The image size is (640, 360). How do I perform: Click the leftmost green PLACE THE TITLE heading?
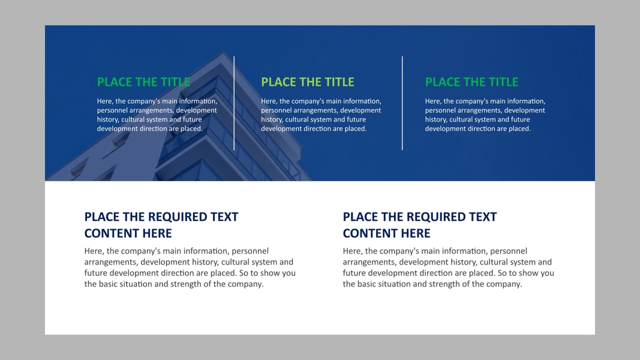[144, 82]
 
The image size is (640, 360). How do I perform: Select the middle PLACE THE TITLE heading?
[308, 82]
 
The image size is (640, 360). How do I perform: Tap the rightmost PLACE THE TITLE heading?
[472, 82]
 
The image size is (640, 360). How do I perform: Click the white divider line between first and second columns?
[234, 103]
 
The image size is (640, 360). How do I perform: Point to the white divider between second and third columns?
[402, 103]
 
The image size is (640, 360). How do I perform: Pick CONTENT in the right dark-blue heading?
[364, 233]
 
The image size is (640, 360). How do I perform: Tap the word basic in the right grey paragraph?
[367, 284]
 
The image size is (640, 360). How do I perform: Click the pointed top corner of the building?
[223, 52]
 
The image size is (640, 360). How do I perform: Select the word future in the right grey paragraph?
[355, 273]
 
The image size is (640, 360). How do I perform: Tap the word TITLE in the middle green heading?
[339, 82]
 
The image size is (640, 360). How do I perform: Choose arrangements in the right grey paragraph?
[369, 262]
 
